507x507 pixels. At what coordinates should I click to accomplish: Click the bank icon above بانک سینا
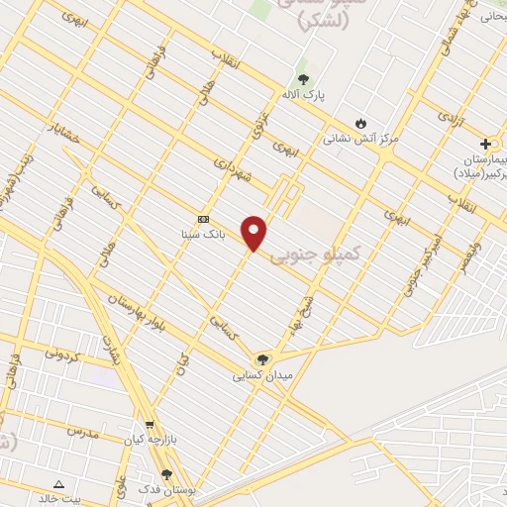(x=204, y=219)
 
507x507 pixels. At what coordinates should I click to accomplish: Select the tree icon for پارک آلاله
(x=303, y=79)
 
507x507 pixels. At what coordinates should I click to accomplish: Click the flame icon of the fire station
(x=359, y=122)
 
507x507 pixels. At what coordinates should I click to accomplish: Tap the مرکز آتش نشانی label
(x=361, y=139)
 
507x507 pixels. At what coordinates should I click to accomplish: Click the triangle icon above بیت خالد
(x=58, y=484)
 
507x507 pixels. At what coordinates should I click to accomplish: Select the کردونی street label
(x=66, y=352)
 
